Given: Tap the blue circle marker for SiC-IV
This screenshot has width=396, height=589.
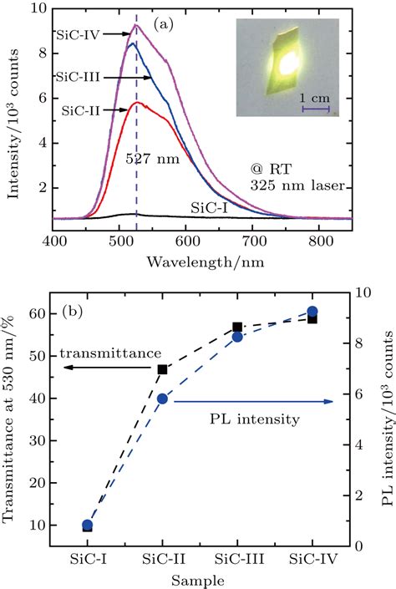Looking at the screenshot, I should coord(312,312).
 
